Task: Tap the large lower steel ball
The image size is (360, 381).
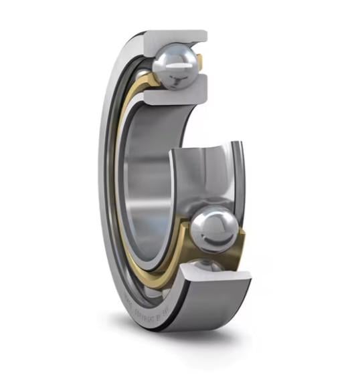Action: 212,231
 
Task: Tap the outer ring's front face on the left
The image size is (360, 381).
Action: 107,201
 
